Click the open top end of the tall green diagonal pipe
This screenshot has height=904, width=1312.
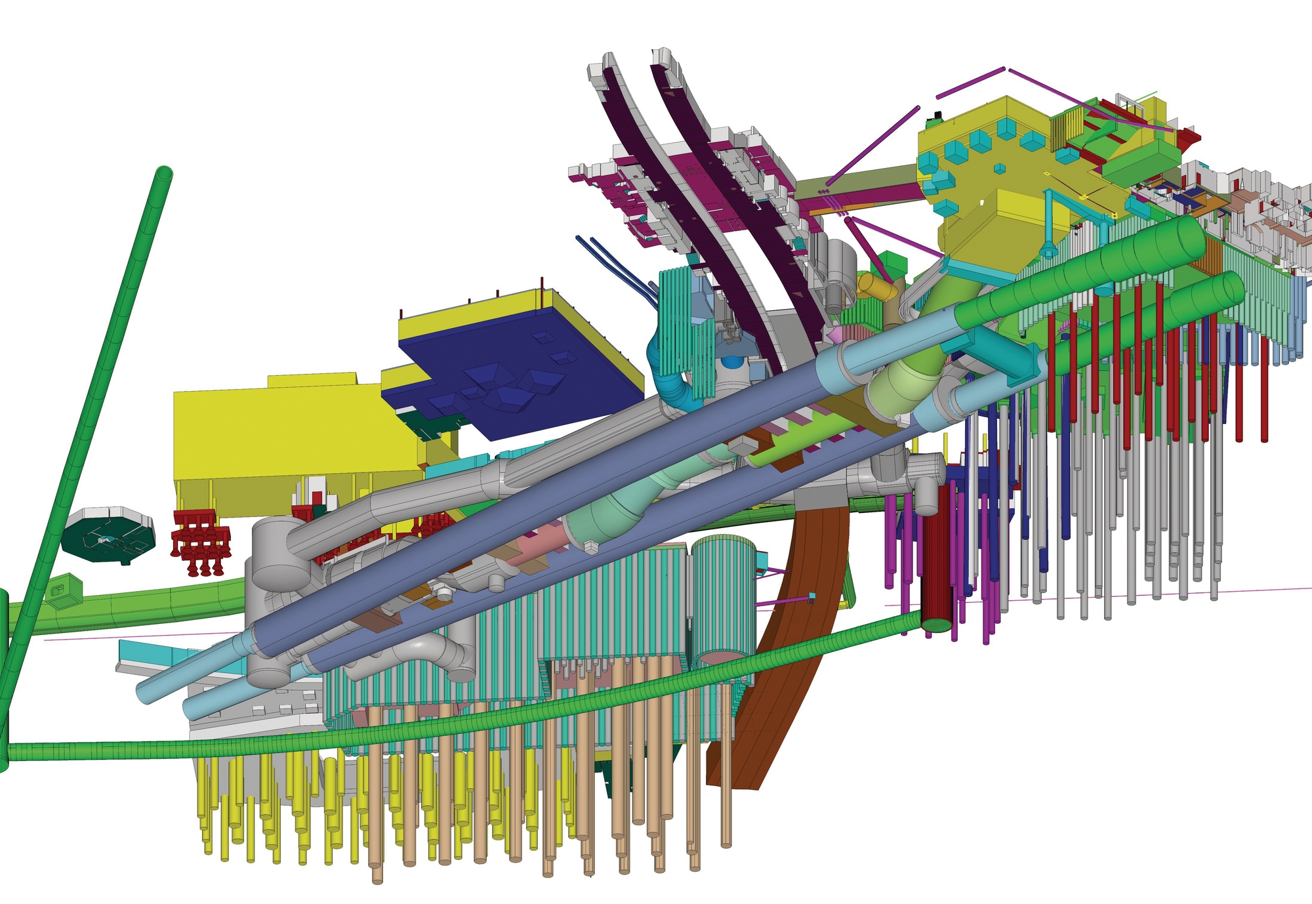point(163,175)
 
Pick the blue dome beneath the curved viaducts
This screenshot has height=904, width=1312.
point(730,363)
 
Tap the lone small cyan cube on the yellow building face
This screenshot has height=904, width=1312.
point(999,169)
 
